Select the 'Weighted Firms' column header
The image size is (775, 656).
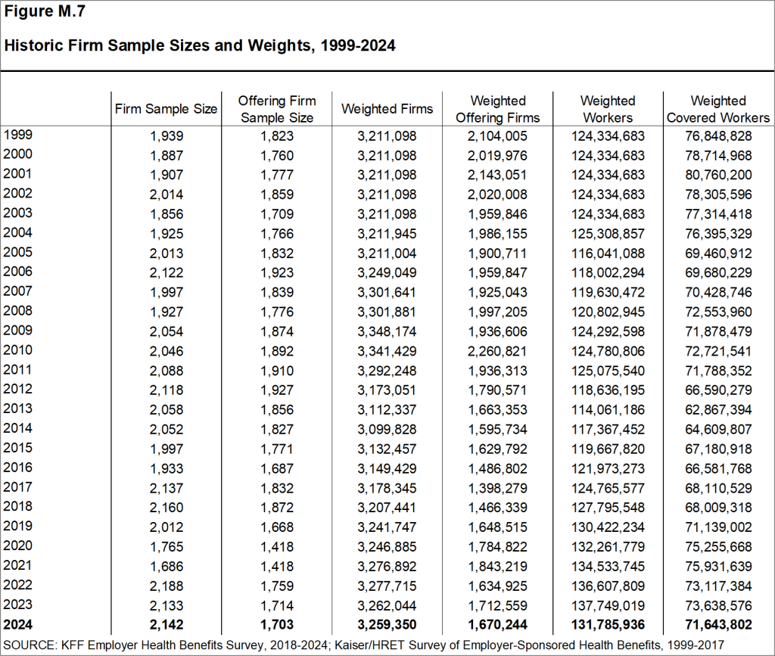tap(387, 109)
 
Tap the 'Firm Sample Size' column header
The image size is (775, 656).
tap(166, 109)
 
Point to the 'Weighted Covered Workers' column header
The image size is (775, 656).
tap(718, 109)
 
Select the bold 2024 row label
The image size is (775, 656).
tap(18, 624)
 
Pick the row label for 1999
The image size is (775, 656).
tap(18, 135)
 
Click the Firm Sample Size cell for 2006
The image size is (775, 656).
tap(166, 272)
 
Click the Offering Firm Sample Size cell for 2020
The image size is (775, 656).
tap(276, 546)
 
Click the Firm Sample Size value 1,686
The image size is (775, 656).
tap(166, 566)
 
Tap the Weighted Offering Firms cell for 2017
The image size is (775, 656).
tap(498, 488)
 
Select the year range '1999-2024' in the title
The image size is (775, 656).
tap(358, 45)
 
